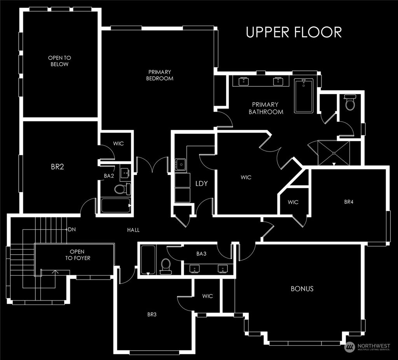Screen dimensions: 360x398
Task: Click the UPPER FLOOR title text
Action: pyautogui.click(x=294, y=32)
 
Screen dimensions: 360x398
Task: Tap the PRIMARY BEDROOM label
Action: pyautogui.click(x=159, y=75)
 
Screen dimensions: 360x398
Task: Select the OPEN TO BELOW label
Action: pyautogui.click(x=59, y=61)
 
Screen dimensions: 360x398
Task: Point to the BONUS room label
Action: pyautogui.click(x=302, y=289)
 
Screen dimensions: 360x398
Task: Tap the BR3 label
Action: pyautogui.click(x=152, y=315)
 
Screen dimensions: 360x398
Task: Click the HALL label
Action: pyautogui.click(x=133, y=230)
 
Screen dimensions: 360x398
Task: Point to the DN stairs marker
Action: pyautogui.click(x=72, y=230)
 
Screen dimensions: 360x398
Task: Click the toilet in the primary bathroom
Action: pyautogui.click(x=350, y=103)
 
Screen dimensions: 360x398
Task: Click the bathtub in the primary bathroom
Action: pyautogui.click(x=304, y=96)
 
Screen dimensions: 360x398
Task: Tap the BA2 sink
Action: pyautogui.click(x=124, y=173)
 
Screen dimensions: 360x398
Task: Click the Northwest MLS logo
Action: pyautogui.click(x=367, y=347)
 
